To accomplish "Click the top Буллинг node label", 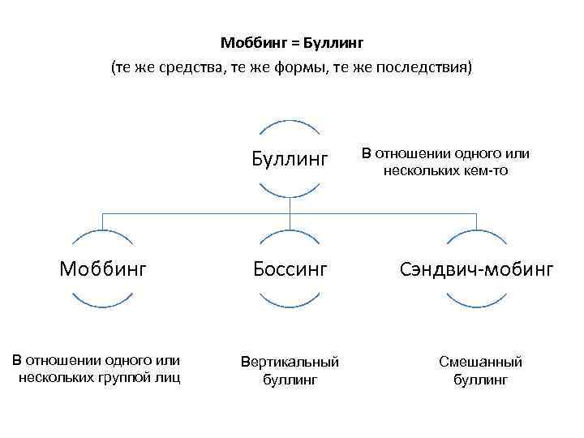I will [290, 159].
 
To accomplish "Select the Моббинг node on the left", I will [103, 268].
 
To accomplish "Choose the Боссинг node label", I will [290, 268].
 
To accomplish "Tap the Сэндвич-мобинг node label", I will [476, 268].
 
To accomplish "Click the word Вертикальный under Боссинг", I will [290, 362].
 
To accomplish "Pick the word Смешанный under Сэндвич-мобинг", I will [480, 362].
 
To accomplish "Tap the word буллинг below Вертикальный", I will [290, 379].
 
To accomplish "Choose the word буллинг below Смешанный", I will [480, 379].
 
